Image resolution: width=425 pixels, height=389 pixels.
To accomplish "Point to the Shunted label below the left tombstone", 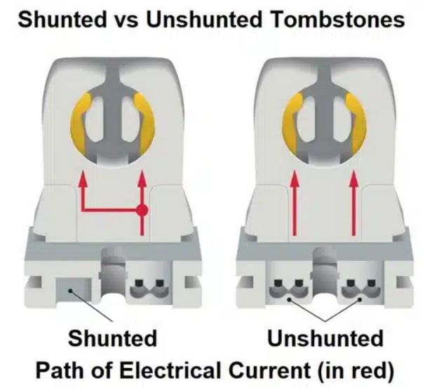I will click(x=112, y=339).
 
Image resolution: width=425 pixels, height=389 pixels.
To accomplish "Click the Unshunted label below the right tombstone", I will click(x=325, y=339).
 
